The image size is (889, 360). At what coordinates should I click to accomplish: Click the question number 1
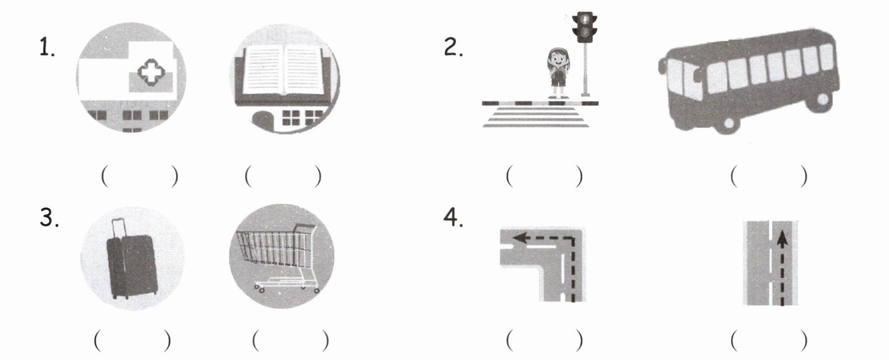pyautogui.click(x=47, y=47)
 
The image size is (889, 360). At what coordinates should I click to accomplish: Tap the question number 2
pyautogui.click(x=453, y=48)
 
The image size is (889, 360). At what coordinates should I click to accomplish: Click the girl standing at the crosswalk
pyautogui.click(x=558, y=72)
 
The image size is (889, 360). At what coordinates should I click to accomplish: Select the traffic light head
pyautogui.click(x=584, y=27)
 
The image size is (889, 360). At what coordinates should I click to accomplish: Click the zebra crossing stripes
pyautogui.click(x=536, y=117)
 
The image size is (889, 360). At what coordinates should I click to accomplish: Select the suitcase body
pyautogui.click(x=132, y=265)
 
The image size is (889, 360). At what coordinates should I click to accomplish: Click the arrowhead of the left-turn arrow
pyautogui.click(x=520, y=239)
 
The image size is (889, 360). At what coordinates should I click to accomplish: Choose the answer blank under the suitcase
pyautogui.click(x=132, y=341)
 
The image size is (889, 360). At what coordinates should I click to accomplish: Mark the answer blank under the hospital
pyautogui.click(x=140, y=177)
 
